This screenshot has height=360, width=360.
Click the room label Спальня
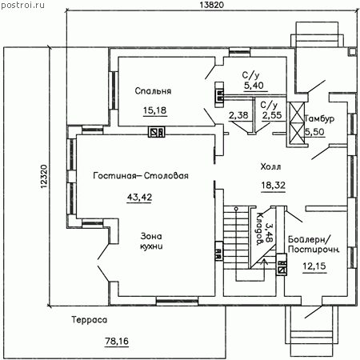tap(153, 91)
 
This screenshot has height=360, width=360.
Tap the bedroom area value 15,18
tap(154, 110)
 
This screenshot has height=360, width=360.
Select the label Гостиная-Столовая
tap(141, 176)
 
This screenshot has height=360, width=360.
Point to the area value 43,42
tap(139, 197)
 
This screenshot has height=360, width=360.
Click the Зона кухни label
tap(151, 241)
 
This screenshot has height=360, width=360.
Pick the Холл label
tap(270, 167)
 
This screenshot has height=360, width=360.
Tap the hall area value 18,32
tap(273, 185)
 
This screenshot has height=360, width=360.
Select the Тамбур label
tap(319, 118)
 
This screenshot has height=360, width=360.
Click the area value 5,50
tap(314, 132)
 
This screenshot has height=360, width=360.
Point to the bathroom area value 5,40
tap(254, 86)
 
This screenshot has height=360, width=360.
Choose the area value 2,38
tap(238, 115)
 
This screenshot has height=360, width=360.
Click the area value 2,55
tap(272, 115)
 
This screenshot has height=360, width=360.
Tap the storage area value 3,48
tap(269, 233)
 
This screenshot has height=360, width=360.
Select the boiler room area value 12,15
tap(314, 266)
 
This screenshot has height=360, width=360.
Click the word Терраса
tap(90, 320)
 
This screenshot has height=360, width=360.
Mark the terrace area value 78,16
tap(117, 341)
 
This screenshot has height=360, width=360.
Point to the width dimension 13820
tap(211, 5)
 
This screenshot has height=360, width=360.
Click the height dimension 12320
tap(44, 177)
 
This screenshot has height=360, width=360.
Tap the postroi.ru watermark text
tap(22, 5)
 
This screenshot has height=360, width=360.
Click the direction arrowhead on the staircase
tap(264, 262)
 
